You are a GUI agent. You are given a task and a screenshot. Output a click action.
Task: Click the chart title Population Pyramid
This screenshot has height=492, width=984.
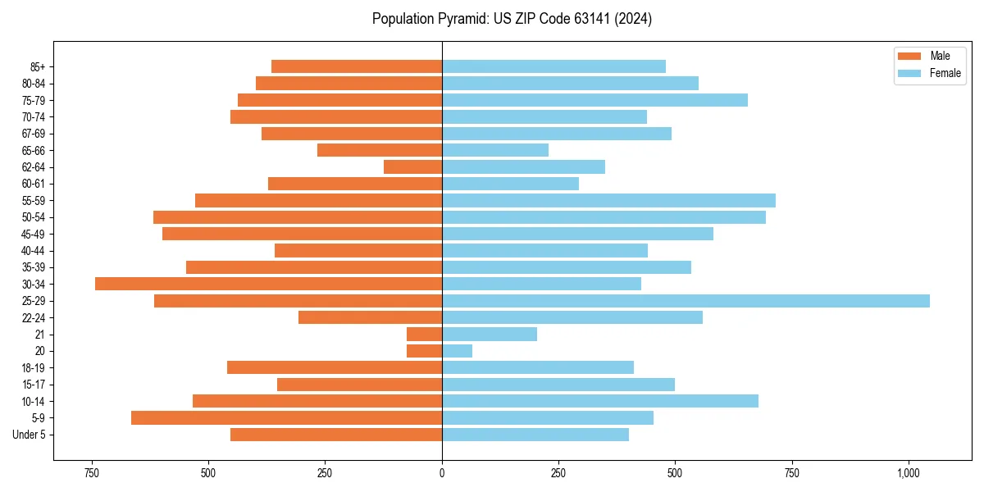(512, 19)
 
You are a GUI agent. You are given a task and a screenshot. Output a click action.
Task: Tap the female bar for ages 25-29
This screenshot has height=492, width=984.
(686, 301)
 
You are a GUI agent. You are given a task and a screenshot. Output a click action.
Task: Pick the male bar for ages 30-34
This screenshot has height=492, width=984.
(268, 284)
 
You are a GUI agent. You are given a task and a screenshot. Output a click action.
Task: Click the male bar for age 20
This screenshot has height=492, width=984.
(424, 351)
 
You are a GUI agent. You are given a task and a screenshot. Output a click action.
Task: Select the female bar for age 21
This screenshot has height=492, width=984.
(490, 335)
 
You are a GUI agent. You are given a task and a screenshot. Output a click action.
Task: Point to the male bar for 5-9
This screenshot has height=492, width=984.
(286, 418)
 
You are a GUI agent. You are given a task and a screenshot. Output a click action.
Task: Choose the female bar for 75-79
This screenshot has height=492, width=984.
(594, 100)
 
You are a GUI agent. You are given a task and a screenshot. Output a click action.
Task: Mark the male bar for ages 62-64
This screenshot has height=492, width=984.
(412, 166)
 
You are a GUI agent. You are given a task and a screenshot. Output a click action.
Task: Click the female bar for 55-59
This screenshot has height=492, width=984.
(608, 200)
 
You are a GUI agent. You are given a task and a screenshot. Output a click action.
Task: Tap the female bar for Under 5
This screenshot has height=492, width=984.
(535, 435)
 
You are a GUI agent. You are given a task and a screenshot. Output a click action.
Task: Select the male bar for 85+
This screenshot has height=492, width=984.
(357, 66)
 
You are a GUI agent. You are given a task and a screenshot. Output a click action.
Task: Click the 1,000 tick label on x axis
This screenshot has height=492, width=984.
(908, 473)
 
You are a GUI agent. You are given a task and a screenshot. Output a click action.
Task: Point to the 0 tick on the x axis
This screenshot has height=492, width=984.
(442, 473)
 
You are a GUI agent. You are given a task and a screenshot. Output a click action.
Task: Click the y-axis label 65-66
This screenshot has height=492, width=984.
(34, 150)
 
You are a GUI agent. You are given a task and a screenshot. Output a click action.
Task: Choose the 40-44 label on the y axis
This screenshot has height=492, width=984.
(34, 251)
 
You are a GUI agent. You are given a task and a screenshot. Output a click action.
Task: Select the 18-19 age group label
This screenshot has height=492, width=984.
(34, 368)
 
